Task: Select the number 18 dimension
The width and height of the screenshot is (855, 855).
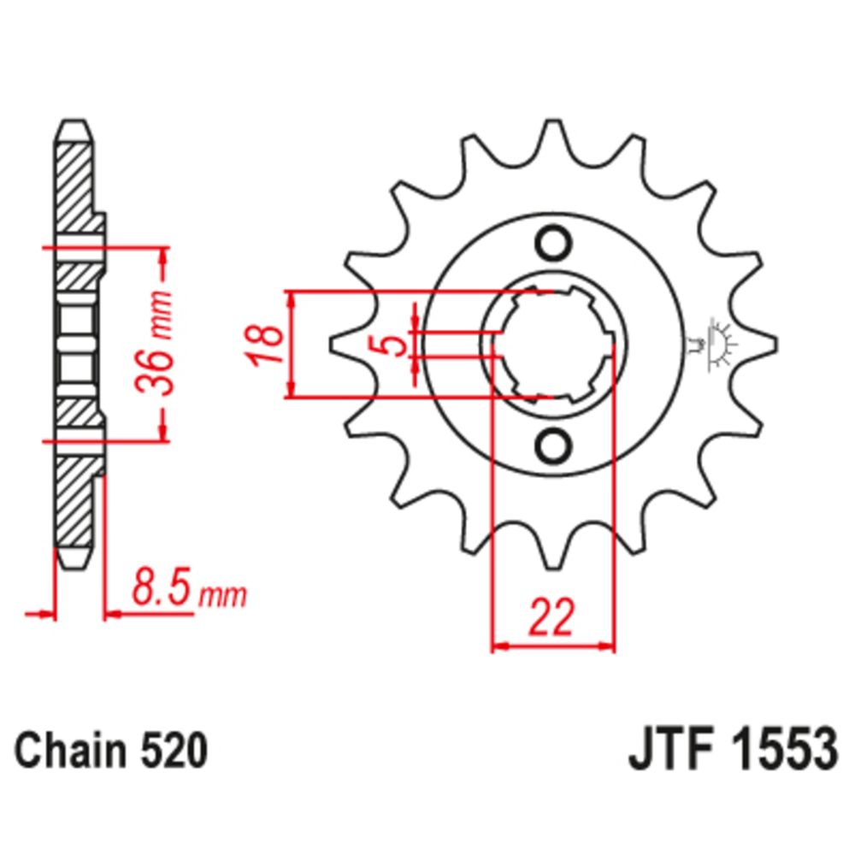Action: [268, 345]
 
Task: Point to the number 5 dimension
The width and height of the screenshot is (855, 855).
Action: [392, 345]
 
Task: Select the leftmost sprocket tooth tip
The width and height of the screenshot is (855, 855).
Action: [333, 345]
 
